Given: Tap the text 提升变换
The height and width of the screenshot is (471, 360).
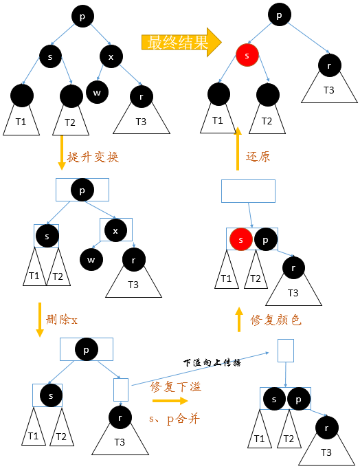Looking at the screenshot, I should [x=93, y=157].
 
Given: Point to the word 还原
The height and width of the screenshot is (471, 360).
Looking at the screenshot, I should [x=258, y=156].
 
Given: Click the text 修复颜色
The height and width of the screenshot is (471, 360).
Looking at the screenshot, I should [x=275, y=320].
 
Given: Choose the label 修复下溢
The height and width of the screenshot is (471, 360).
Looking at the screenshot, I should [x=176, y=386].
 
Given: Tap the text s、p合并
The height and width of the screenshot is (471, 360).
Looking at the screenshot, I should [x=174, y=418].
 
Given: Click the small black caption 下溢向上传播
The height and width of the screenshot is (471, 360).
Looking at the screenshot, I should [x=212, y=362].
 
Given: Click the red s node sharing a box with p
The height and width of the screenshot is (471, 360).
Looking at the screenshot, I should [x=240, y=239].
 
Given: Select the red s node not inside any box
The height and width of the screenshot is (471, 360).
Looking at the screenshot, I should [x=247, y=54].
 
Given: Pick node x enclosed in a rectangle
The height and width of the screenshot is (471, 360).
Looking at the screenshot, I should [x=115, y=231].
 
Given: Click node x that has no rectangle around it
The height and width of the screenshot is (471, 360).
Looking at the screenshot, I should [x=111, y=56].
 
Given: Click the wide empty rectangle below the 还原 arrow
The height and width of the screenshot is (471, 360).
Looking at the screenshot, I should [x=248, y=191].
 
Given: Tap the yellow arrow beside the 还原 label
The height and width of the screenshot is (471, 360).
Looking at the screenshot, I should [x=238, y=149].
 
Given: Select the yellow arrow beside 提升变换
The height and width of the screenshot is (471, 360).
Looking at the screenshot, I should [x=61, y=151].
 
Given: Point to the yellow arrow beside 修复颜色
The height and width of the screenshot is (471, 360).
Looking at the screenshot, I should [x=239, y=320].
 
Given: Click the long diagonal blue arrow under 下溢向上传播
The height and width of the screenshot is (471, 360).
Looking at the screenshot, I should [x=199, y=369].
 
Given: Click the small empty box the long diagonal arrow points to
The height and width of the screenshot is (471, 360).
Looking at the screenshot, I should [x=286, y=351].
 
